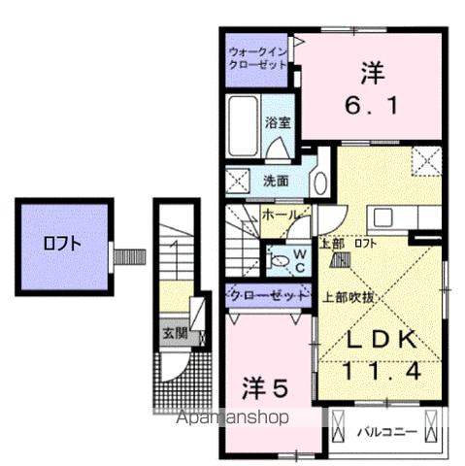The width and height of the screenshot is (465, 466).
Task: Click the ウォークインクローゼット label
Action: click(x=258, y=57)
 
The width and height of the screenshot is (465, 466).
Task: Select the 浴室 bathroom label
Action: click(x=280, y=123)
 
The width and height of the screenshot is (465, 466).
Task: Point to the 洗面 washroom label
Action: click(x=277, y=182)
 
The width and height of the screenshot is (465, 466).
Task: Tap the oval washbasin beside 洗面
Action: click(x=320, y=181)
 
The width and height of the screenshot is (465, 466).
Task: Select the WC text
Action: click(x=299, y=258)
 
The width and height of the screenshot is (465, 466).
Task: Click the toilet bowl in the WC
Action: click(x=280, y=259)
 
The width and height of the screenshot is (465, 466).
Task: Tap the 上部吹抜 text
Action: click(x=347, y=300)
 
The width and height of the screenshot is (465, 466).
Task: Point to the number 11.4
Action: click(x=382, y=371)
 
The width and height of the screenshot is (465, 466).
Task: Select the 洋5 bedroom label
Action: click(x=264, y=389)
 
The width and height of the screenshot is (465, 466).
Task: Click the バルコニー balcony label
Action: click(x=385, y=427)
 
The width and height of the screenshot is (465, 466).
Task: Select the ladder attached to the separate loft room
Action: click(x=128, y=256)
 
